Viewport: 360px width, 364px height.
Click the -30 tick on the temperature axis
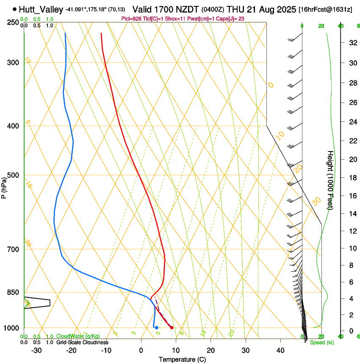pyautogui.click(x=36, y=350)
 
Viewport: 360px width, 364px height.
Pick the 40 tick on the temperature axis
pyautogui.click(x=280, y=350)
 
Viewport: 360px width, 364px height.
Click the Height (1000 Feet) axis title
pyautogui.click(x=330, y=180)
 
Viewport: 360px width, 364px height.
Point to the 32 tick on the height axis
pyautogui.click(x=352, y=43)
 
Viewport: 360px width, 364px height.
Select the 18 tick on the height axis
pyautogui.click(x=352, y=178)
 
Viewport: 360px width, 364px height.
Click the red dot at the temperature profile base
pyautogui.click(x=172, y=328)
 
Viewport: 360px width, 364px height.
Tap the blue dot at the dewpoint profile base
pyautogui.click(x=157, y=328)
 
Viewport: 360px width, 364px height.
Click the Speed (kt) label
pyautogui.click(x=322, y=342)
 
